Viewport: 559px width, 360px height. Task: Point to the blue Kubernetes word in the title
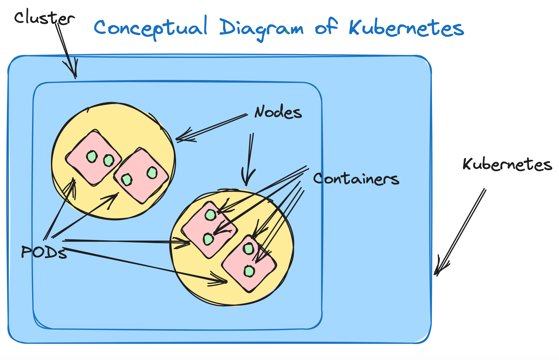(x=406, y=28)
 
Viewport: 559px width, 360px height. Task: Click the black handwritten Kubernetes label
(x=507, y=165)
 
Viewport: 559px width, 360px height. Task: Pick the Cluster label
(x=44, y=18)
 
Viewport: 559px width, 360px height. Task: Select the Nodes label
(x=278, y=112)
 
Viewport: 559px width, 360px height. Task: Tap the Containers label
(x=356, y=179)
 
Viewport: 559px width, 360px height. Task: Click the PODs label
(x=44, y=252)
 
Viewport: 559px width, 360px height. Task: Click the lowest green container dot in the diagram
(x=249, y=271)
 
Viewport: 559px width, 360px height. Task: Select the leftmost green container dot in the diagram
(x=92, y=156)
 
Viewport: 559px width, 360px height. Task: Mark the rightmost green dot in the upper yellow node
(x=152, y=172)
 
